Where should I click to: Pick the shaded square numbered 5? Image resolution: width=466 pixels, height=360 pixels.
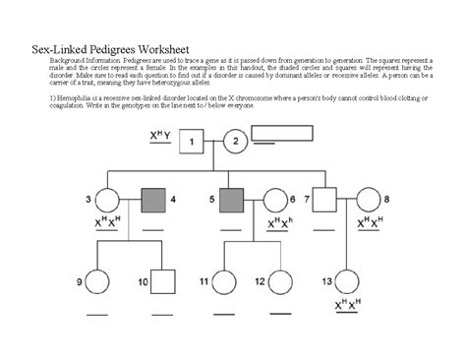click(232, 201)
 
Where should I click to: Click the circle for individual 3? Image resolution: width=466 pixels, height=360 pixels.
click(106, 202)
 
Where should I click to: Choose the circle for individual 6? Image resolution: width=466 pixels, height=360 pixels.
click(274, 201)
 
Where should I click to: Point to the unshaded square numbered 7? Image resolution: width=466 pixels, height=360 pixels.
click(320, 201)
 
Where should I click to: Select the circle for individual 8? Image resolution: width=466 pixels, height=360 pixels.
click(369, 201)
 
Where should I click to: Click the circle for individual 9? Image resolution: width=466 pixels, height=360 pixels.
click(97, 283)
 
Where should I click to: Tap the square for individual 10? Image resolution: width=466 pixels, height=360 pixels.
click(159, 283)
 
